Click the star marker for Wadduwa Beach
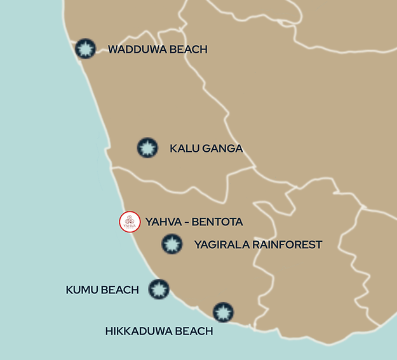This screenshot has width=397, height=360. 85,49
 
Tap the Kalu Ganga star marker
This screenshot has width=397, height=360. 147,148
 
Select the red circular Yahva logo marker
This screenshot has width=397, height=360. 130,222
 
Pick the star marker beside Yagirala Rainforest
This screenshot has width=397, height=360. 170,244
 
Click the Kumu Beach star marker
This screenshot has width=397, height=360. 158,290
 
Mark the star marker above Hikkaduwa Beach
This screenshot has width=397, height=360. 223,312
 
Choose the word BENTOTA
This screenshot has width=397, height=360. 213,222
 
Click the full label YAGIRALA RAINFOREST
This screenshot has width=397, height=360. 258,244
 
